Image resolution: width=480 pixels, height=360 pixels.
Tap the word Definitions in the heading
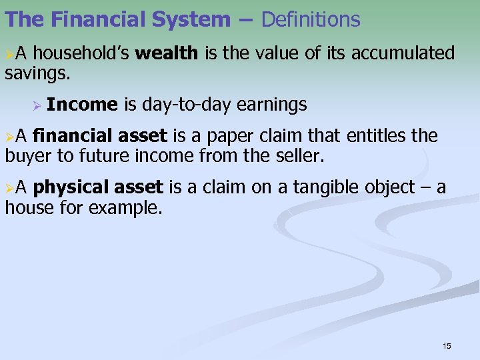(x=311, y=19)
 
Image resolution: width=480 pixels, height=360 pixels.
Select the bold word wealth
(x=166, y=53)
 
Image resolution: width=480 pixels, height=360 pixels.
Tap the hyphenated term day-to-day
(x=186, y=105)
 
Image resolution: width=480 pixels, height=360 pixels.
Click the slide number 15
(x=447, y=345)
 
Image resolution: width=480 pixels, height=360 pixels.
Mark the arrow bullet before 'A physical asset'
(x=9, y=188)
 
